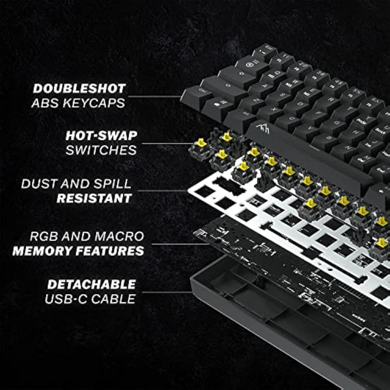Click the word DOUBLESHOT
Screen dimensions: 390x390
click(x=79, y=89)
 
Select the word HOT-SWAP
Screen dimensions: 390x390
click(x=101, y=136)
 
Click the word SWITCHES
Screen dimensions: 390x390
click(x=101, y=150)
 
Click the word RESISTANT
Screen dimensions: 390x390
click(x=94, y=198)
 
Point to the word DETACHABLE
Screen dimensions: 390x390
click(x=92, y=284)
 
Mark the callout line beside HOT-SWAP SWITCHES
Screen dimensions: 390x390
click(x=166, y=143)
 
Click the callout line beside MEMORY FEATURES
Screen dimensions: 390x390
click(x=179, y=244)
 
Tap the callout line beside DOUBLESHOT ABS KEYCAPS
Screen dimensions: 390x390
click(x=155, y=96)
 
